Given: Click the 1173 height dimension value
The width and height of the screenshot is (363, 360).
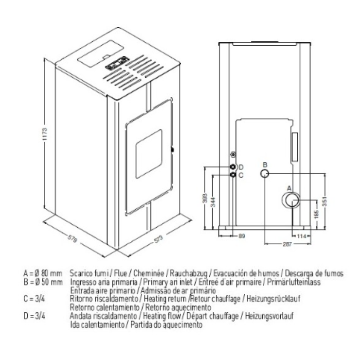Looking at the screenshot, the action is (x=45, y=134).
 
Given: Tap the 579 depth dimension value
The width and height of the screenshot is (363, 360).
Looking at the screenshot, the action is (x=72, y=239).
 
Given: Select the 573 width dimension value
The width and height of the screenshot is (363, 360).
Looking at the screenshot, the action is (x=158, y=240).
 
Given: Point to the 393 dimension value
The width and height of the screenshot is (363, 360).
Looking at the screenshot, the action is (x=205, y=198).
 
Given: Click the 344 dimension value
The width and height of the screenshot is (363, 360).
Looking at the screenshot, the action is (x=213, y=201).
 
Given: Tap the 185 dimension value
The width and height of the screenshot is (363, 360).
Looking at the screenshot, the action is (x=317, y=214).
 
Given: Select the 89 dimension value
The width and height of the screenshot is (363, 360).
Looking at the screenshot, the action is (x=241, y=236).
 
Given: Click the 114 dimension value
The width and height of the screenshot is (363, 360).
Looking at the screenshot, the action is (x=301, y=236).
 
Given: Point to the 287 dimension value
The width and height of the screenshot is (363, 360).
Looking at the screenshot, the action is (x=287, y=244).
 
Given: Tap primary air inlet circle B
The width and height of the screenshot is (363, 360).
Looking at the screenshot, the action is (x=265, y=173).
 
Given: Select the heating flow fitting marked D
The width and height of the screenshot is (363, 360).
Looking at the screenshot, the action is (x=233, y=167).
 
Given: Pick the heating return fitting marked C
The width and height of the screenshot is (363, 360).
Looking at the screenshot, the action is (x=233, y=175).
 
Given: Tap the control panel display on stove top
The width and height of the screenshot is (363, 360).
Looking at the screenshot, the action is (x=117, y=63).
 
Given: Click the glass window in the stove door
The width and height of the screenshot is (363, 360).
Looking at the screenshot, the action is (x=148, y=154).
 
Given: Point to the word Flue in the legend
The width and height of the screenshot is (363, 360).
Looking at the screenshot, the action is (x=120, y=273).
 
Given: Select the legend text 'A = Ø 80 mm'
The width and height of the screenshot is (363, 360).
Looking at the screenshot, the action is (x=43, y=273).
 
